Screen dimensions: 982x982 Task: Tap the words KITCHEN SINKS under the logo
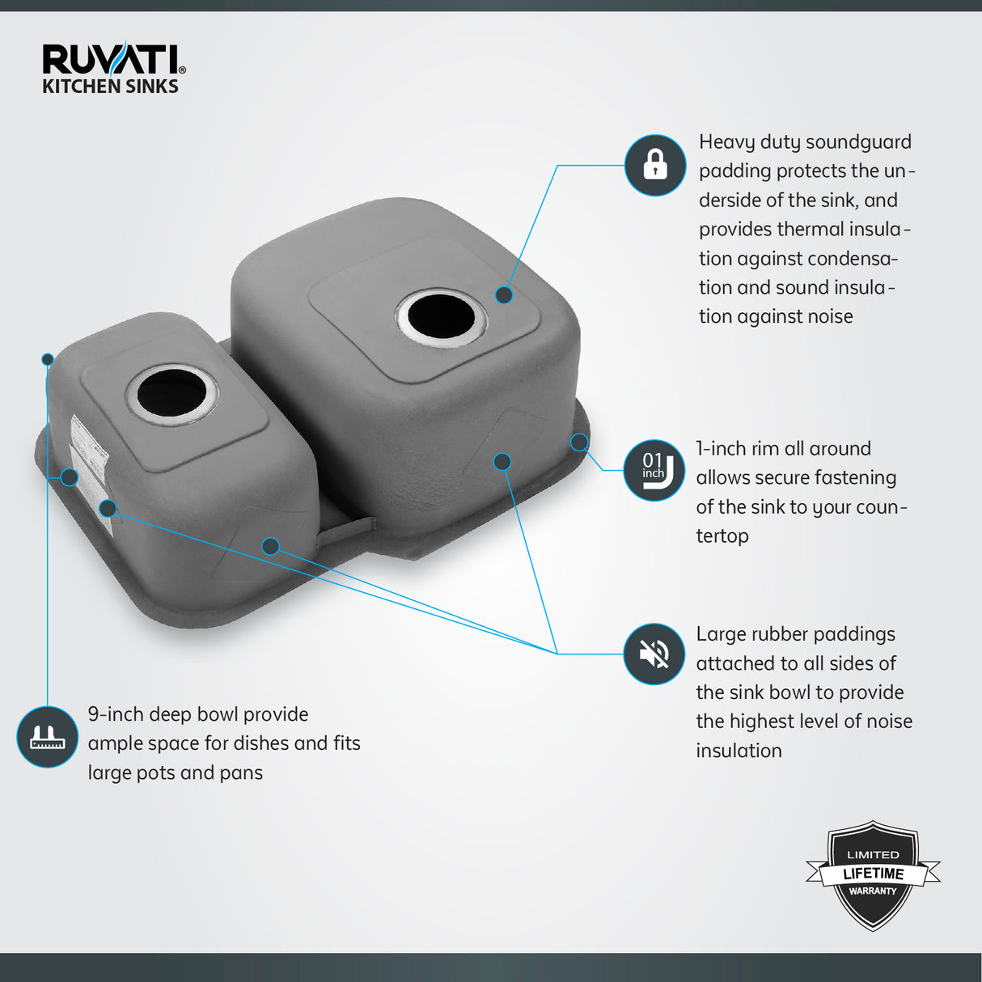click(110, 87)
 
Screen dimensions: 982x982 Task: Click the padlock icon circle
click(655, 165)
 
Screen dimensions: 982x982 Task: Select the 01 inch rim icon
click(654, 470)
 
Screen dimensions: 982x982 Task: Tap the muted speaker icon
click(654, 654)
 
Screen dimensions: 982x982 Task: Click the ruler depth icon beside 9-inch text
click(48, 737)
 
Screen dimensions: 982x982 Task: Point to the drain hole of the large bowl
click(442, 317)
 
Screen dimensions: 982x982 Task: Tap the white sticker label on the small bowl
click(91, 474)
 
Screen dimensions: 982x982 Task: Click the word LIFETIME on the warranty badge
click(873, 874)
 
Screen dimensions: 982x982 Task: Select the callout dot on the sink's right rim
click(579, 442)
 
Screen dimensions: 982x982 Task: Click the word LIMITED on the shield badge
click(873, 855)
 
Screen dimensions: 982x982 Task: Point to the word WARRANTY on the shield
click(873, 891)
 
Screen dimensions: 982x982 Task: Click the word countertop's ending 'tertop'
click(722, 536)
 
